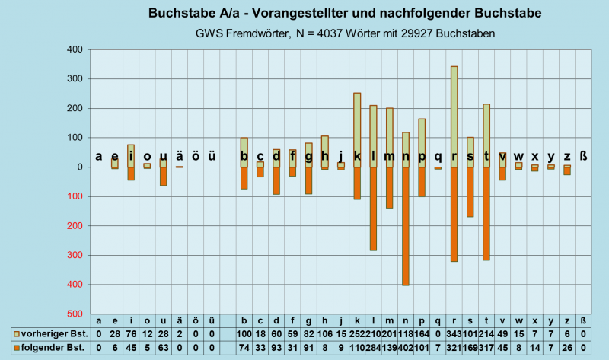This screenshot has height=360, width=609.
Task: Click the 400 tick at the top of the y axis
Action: (x=74, y=50)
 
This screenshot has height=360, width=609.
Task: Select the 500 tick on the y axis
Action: (x=74, y=314)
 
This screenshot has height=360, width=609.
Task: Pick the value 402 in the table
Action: (x=405, y=348)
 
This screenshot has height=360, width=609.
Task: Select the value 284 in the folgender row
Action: (x=373, y=348)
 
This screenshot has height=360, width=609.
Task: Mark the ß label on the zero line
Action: (x=584, y=157)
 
